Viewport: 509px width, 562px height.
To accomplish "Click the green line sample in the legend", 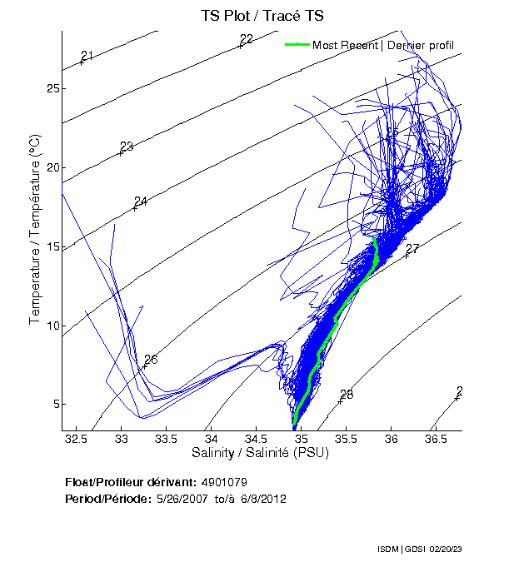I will [x=297, y=45].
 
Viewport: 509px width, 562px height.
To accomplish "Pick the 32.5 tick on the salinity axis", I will [x=77, y=438].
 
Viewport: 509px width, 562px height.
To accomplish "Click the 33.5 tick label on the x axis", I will [x=167, y=438].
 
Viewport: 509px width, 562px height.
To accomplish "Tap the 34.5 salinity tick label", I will [x=256, y=438].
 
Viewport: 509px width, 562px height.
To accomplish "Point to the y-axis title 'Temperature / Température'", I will [x=36, y=231].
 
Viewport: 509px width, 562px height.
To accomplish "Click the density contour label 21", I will [x=87, y=56].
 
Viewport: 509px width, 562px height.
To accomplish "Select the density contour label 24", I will [x=140, y=201].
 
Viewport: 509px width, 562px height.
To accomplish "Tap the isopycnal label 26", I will [x=150, y=360].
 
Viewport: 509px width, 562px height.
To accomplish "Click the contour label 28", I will [x=346, y=395].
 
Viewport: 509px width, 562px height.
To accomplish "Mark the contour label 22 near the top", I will [x=246, y=39].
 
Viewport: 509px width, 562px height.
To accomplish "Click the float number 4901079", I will [x=224, y=482].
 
